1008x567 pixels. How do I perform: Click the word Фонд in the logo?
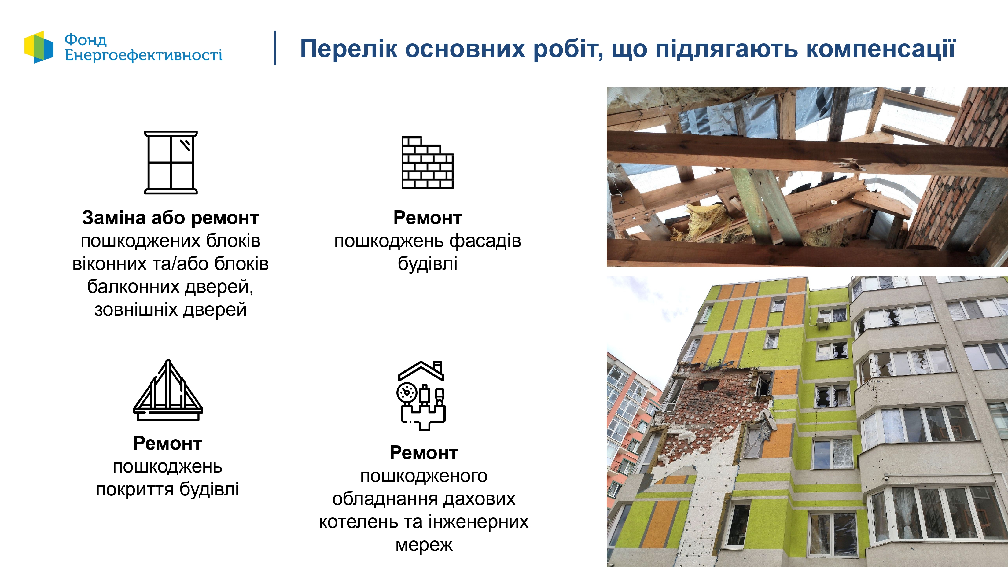tap(85, 39)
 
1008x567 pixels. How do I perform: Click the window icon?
tap(171, 162)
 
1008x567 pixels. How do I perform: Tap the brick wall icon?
tap(428, 162)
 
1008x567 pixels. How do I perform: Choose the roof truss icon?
tap(168, 390)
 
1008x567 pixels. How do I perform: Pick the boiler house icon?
tap(422, 396)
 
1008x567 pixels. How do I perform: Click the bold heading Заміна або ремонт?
tap(171, 218)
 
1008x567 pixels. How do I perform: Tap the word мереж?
tap(424, 545)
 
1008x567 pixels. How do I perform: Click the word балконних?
tap(133, 287)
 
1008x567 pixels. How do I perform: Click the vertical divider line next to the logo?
tap(275, 48)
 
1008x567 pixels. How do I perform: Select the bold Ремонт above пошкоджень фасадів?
tap(428, 218)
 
